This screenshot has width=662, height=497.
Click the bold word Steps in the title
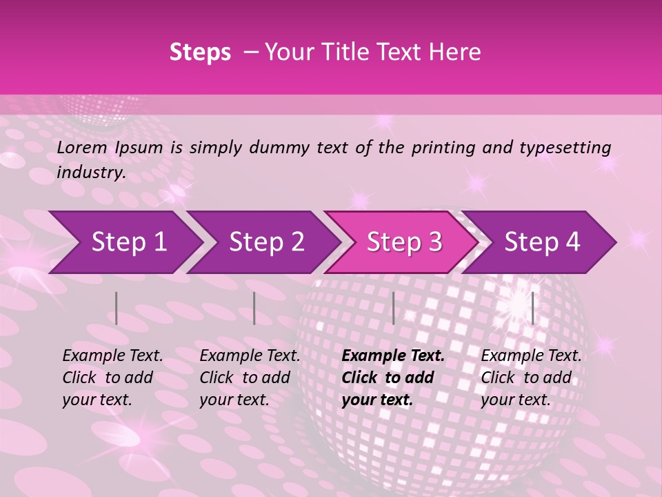pyautogui.click(x=200, y=52)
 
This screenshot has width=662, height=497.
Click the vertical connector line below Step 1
pyautogui.click(x=117, y=308)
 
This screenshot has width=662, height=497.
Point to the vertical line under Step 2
pyautogui.click(x=254, y=308)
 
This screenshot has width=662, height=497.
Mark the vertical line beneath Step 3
pyautogui.click(x=393, y=308)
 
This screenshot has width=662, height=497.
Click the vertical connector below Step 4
pyautogui.click(x=532, y=308)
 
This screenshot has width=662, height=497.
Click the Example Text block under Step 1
pyautogui.click(x=112, y=378)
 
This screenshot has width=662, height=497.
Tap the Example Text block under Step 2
pyautogui.click(x=250, y=378)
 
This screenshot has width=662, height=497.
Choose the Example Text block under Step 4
pyautogui.click(x=531, y=378)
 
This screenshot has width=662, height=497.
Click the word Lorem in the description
pyautogui.click(x=81, y=147)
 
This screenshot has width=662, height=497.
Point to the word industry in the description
pyautogui.click(x=90, y=173)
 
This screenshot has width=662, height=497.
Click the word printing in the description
pyautogui.click(x=444, y=147)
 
